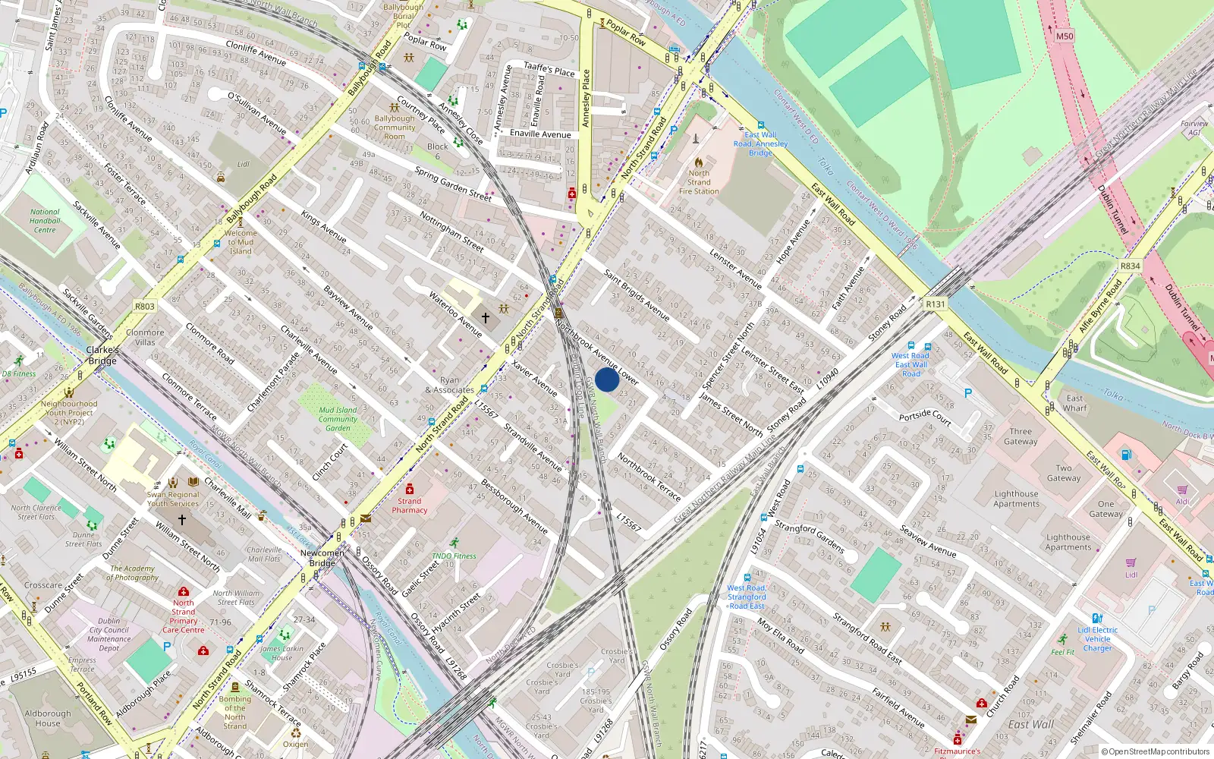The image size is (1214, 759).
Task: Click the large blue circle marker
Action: pyautogui.click(x=607, y=379)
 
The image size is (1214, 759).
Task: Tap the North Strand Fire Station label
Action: pyautogui.click(x=699, y=182)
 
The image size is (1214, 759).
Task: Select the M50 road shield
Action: pyautogui.click(x=1065, y=36)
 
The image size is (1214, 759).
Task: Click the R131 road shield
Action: pyautogui.click(x=936, y=304)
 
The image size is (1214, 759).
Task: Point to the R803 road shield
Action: pyautogui.click(x=144, y=307)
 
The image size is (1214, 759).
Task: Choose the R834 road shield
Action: pyautogui.click(x=1130, y=266)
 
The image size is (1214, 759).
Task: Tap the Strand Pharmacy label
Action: pyautogui.click(x=410, y=505)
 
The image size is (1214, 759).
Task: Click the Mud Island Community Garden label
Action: pyautogui.click(x=338, y=419)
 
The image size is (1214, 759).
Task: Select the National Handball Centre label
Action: pyautogui.click(x=45, y=221)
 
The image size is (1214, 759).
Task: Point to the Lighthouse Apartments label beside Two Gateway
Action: pyautogui.click(x=1016, y=499)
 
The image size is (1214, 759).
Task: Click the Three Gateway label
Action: pyautogui.click(x=1021, y=436)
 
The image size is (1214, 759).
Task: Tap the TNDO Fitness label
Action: pyautogui.click(x=454, y=556)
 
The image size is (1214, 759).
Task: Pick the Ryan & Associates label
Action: pyautogui.click(x=450, y=385)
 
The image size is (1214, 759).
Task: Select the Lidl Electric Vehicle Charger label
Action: pyautogui.click(x=1097, y=639)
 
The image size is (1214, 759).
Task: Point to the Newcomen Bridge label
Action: pyautogui.click(x=322, y=558)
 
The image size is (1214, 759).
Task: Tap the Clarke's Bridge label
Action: pyautogui.click(x=102, y=355)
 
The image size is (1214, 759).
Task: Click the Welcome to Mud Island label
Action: pyautogui.click(x=241, y=242)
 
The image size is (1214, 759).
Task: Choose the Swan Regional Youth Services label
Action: pyautogui.click(x=173, y=499)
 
